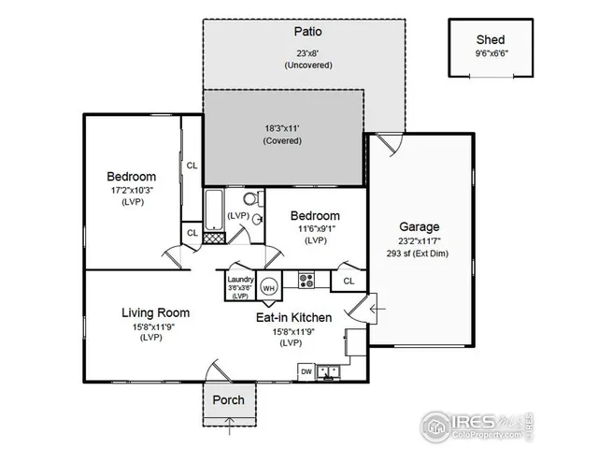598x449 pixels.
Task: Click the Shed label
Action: (491, 39)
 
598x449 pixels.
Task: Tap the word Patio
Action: (305, 31)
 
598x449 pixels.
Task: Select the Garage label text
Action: (419, 226)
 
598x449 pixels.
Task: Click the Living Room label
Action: (156, 312)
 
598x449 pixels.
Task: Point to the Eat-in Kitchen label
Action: (293, 317)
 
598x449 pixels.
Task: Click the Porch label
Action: (228, 399)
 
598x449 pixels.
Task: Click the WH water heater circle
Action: (269, 287)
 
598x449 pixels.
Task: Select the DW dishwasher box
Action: (306, 371)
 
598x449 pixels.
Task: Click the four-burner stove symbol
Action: (306, 279)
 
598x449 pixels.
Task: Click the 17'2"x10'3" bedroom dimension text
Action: (131, 189)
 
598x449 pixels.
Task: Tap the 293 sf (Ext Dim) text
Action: (419, 253)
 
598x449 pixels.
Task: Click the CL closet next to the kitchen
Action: (348, 280)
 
